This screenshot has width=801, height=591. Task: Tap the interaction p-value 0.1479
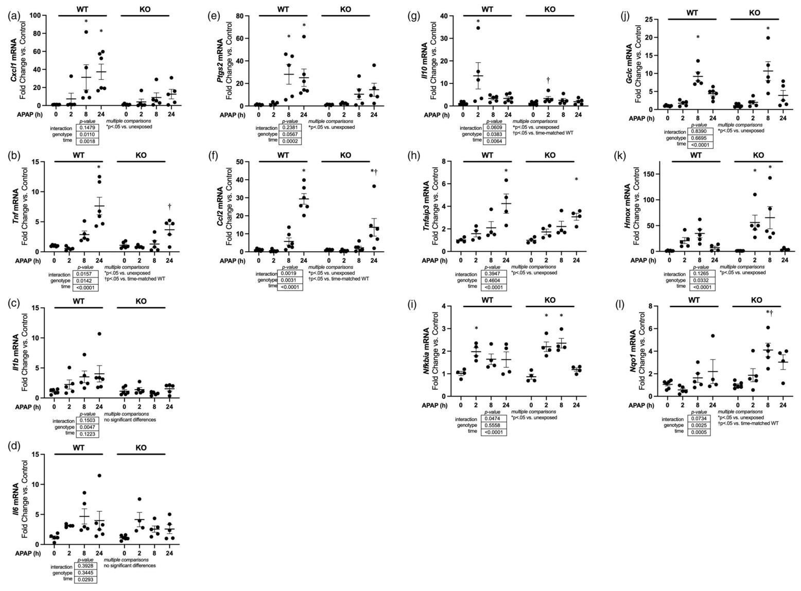88,127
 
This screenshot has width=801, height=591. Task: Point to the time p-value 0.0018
88,141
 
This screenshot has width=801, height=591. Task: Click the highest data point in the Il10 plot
478,28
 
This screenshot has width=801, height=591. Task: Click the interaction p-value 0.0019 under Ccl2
290,273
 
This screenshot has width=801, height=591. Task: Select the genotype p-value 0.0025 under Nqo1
698,425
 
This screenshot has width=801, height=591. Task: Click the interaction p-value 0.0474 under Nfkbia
494,418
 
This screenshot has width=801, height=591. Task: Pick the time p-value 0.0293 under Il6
88,579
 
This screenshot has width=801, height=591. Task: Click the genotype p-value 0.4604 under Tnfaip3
494,280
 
